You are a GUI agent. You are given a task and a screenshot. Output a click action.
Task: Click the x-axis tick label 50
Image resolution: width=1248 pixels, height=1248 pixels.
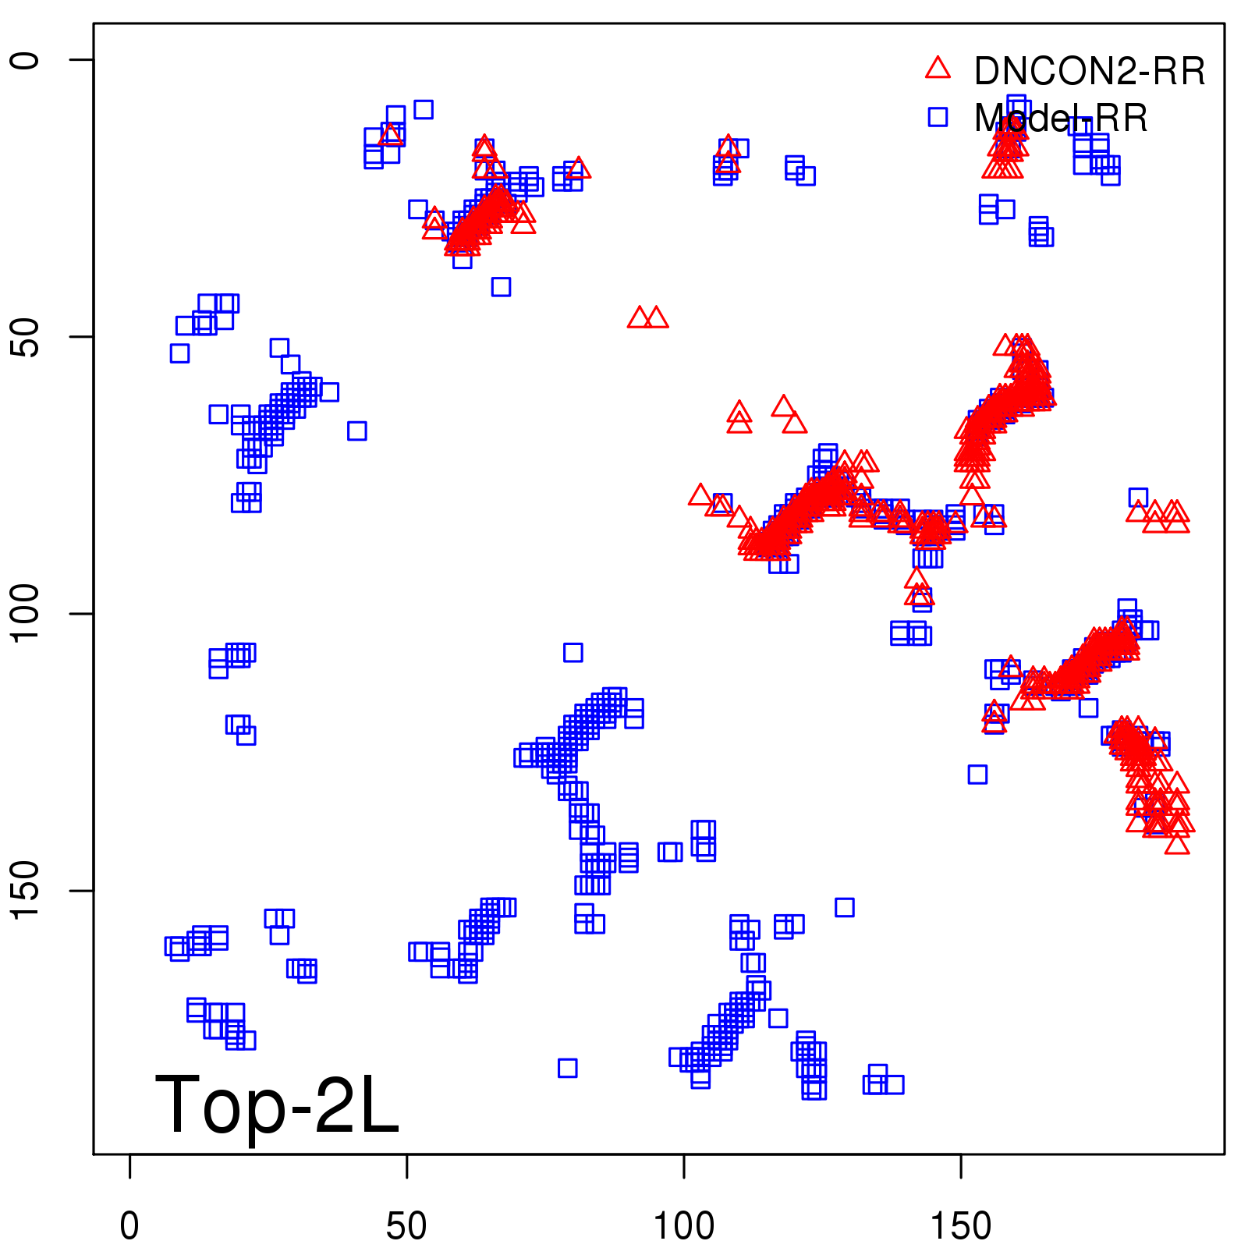pos(406,1226)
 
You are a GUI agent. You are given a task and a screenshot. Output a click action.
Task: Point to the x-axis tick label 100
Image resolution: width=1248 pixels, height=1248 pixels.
pos(683,1226)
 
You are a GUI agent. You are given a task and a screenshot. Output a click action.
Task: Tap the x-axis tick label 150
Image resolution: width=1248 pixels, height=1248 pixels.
pos(960,1226)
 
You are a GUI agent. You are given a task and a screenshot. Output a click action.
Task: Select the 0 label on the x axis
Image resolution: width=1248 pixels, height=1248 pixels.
pos(129,1226)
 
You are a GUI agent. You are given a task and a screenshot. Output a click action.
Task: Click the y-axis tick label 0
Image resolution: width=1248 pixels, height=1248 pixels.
pos(26,60)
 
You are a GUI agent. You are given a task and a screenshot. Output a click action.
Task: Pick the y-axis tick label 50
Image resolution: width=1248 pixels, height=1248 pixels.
pos(26,337)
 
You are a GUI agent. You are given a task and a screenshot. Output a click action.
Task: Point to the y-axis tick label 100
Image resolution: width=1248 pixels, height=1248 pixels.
pos(26,614)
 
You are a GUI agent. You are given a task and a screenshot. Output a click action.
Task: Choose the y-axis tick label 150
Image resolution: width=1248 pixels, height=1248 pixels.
pos(26,891)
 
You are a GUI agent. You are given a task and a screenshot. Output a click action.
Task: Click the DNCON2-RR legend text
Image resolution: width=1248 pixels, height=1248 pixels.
pos(1089,72)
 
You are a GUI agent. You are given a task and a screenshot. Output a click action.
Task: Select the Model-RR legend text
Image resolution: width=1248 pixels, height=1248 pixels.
pos(1061,119)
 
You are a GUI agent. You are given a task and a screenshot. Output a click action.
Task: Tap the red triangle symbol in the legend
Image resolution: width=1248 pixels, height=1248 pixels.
pos(938,69)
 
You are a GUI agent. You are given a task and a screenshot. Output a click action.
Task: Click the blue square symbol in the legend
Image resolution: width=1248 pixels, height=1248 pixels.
pos(938,117)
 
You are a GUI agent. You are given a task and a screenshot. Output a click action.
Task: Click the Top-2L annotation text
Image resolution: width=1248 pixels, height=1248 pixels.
pos(277,1104)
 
